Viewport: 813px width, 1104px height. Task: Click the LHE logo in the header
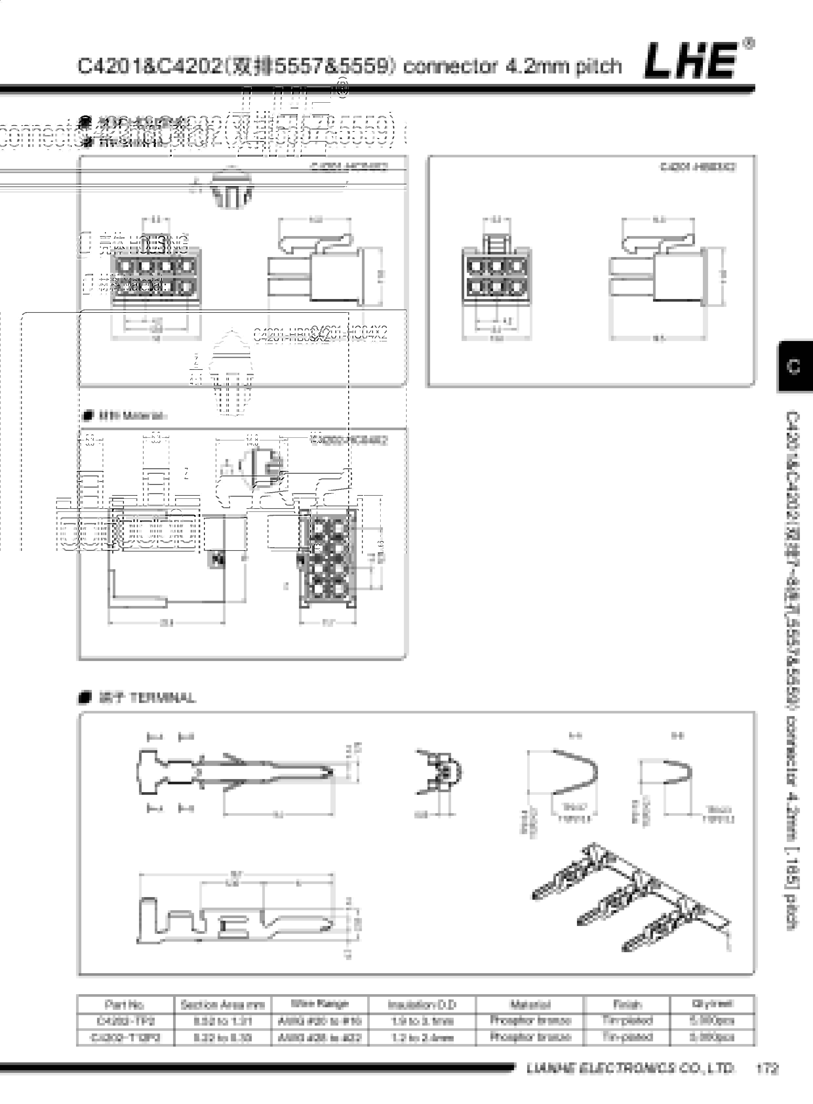[691, 61]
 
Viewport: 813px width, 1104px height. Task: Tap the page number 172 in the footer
[767, 1069]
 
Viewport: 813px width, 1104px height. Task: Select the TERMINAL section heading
[147, 697]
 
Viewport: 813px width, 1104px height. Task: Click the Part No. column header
[125, 1004]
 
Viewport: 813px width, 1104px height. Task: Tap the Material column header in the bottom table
[530, 1004]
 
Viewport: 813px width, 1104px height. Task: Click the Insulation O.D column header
[422, 1004]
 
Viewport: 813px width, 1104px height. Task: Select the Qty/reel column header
[712, 1003]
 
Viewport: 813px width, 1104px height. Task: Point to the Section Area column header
[223, 1004]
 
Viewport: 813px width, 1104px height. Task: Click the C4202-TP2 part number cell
[125, 1021]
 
